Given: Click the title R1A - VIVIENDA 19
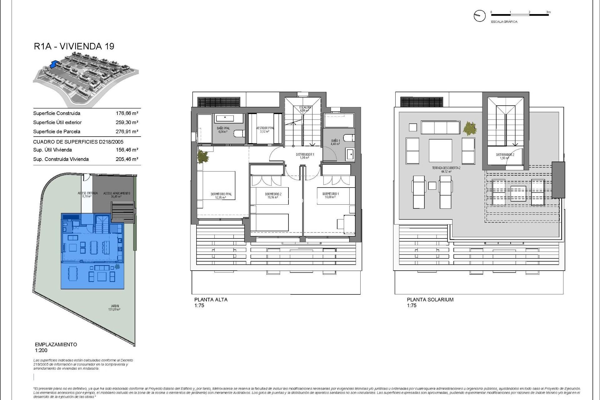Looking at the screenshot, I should [74, 46].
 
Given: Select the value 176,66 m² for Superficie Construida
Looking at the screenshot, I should [127, 113].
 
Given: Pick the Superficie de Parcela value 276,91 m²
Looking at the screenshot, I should [127, 132].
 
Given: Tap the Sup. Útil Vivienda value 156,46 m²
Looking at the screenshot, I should [127, 150].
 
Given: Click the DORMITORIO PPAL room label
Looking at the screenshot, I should [221, 194].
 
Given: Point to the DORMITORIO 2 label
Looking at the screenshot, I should [273, 194].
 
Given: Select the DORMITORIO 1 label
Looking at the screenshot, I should [331, 194].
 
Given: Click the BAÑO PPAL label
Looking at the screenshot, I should [223, 128].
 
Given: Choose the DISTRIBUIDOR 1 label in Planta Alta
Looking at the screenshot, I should [305, 155].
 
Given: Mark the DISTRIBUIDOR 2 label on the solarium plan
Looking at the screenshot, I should [505, 155].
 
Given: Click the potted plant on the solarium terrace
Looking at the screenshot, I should [470, 128].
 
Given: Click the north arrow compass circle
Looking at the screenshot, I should [480, 16].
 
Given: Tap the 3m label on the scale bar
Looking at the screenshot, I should [548, 12].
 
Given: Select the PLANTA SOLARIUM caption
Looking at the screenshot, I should [430, 299].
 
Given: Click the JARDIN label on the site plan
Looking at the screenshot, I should [115, 306].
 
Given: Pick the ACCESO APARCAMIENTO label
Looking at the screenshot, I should [117, 193].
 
